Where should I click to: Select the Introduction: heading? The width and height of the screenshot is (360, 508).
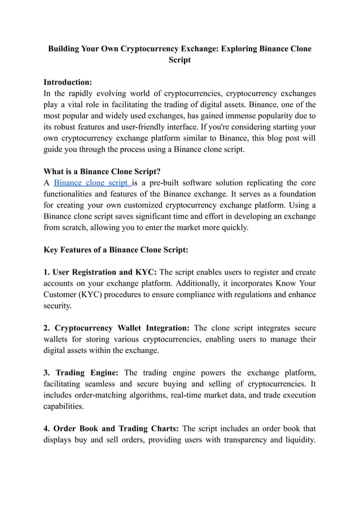[68, 82]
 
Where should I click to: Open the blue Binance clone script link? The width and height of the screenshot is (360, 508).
[92, 183]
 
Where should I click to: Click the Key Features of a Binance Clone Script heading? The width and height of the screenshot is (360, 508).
[116, 250]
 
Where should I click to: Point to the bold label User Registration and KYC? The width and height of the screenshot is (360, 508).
[101, 272]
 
